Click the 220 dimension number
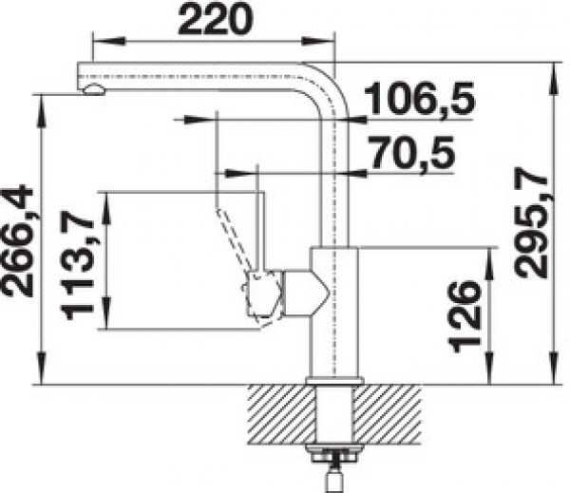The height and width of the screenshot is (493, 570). tap(216, 19)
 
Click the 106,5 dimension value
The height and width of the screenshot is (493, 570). tap(419, 98)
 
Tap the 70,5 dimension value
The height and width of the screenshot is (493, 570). tap(413, 152)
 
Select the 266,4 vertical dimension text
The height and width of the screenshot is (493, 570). tap(18, 241)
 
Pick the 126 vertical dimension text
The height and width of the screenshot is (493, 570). tap(465, 316)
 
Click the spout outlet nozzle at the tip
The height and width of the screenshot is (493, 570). tap(94, 89)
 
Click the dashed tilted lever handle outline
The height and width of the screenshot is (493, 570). tap(233, 240)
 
